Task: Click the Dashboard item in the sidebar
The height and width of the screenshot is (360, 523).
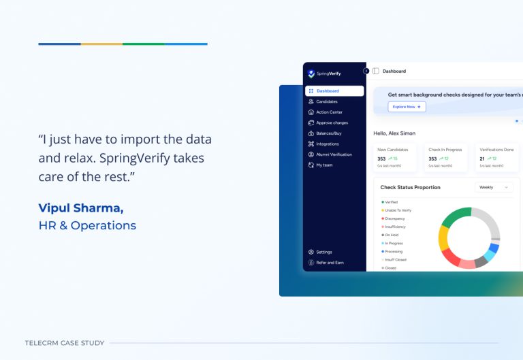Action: [x=328, y=91]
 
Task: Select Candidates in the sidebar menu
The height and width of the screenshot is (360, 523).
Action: [x=326, y=101]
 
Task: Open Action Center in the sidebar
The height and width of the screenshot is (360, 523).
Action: [x=329, y=112]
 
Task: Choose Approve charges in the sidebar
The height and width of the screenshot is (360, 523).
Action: [x=332, y=122]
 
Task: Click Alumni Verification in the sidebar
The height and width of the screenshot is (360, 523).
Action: [x=334, y=154]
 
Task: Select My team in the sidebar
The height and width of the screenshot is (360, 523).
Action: [x=324, y=165]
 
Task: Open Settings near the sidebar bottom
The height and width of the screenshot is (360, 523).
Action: [x=323, y=252]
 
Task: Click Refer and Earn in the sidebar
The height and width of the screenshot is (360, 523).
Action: [x=330, y=263]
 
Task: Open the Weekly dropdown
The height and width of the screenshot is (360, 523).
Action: [x=493, y=187]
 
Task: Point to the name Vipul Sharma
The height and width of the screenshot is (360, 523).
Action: [x=81, y=208]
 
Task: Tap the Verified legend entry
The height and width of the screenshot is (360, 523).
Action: [x=391, y=202]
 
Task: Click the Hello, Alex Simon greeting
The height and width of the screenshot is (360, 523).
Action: [x=394, y=133]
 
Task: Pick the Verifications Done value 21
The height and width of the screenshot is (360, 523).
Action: [x=483, y=159]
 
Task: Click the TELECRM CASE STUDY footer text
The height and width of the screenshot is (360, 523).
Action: [x=65, y=343]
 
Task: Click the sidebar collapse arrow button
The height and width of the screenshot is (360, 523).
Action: [x=366, y=71]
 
